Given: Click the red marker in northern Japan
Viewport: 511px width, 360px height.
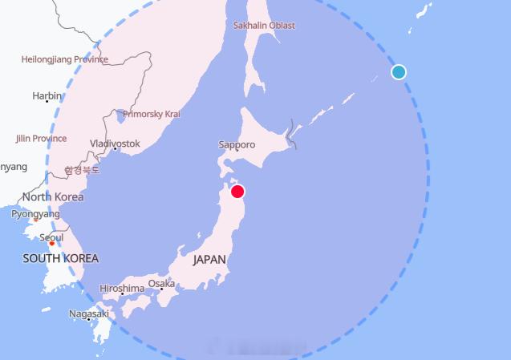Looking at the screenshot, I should point(237,191).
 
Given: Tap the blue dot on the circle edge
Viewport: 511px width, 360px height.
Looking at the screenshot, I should point(399,72).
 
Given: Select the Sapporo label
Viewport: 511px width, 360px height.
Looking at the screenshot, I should point(237,144).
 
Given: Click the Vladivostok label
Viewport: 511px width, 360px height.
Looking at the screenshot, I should point(115,144).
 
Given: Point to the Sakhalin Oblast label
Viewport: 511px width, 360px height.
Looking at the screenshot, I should point(264,26).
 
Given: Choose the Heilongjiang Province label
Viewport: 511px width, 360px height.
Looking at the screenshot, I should point(64,59).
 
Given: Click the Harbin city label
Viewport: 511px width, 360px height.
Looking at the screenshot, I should point(46,96).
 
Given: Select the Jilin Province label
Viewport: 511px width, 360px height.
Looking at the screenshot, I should point(41,138).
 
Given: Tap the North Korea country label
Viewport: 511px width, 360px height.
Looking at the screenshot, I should point(53,196).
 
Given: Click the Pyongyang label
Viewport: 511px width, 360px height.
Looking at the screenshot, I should point(35,214).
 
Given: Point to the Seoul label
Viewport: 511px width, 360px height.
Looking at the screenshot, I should point(51,237).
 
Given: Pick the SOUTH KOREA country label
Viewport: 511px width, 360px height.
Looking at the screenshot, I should point(60,258).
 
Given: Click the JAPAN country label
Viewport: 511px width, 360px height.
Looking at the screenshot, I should point(209,260).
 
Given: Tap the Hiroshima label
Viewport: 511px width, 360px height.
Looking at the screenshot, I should point(122,288).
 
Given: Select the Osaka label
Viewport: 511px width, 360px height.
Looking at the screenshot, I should point(161,283).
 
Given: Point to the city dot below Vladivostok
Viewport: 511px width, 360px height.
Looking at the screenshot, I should point(115,149).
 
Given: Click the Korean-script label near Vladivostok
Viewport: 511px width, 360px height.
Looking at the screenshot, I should point(83,170).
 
